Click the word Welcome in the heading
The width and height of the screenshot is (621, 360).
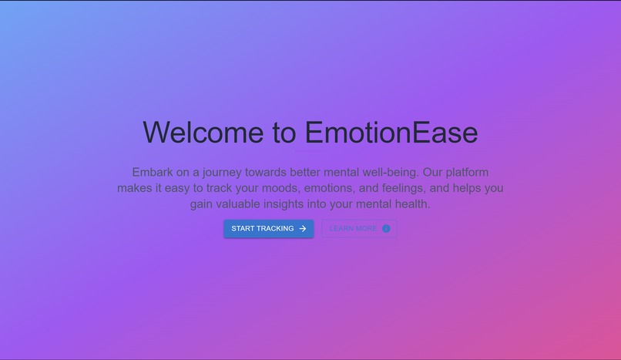pos(203,132)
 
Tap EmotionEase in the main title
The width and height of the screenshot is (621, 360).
pos(391,132)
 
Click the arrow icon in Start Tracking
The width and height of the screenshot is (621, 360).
pos(303,229)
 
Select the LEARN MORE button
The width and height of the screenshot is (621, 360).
pos(359,229)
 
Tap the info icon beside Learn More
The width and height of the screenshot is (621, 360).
pos(386,229)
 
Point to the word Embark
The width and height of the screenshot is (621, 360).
pos(152,172)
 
